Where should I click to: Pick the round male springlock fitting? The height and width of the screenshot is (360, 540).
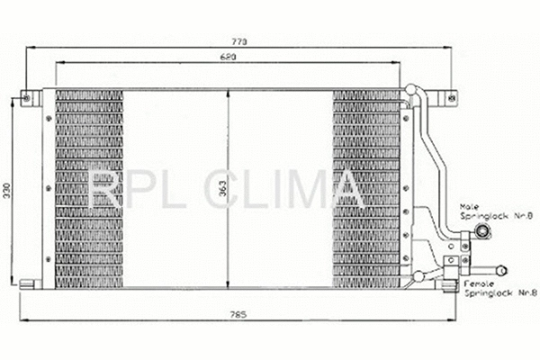(x=483, y=234)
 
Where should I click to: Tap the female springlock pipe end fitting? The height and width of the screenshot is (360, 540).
(x=499, y=267)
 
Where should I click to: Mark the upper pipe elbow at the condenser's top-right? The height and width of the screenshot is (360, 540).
(x=413, y=93)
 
